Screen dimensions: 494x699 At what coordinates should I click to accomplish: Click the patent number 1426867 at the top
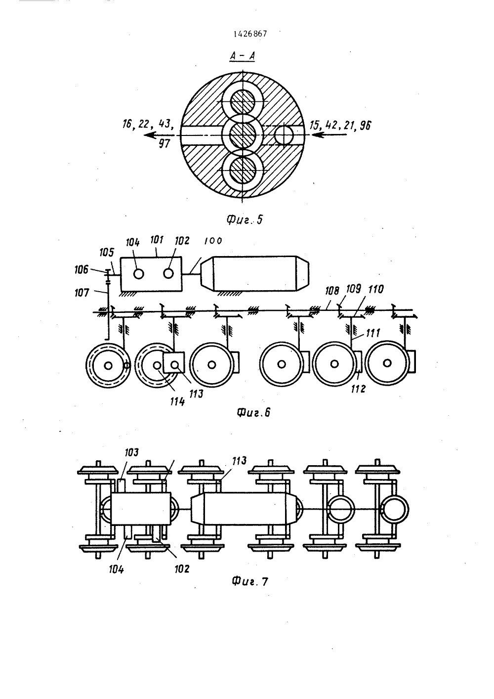point(250,34)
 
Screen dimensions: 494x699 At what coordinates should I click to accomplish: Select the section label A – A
point(243,56)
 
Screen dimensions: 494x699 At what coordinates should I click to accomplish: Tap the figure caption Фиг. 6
point(253,413)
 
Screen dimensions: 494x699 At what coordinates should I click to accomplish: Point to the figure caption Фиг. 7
point(250,582)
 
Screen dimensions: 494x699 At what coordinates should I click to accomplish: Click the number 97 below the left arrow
point(165,144)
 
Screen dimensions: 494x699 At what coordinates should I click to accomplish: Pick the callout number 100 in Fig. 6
point(213,241)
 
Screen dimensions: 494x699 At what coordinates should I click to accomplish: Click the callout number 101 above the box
point(157,240)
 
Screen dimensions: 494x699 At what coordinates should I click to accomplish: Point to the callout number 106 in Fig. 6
point(82,269)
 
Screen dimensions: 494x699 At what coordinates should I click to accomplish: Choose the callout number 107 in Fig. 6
point(82,293)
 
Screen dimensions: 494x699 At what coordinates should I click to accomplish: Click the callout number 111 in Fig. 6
point(373,333)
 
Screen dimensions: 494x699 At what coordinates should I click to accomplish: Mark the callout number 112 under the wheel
point(358,389)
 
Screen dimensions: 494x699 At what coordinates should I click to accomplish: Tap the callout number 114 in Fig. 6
point(177,401)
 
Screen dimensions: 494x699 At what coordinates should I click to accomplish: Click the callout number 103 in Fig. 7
point(131,452)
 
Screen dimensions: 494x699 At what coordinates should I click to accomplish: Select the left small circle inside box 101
point(138,274)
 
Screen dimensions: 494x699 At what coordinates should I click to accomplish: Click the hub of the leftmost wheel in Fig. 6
point(108,365)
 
